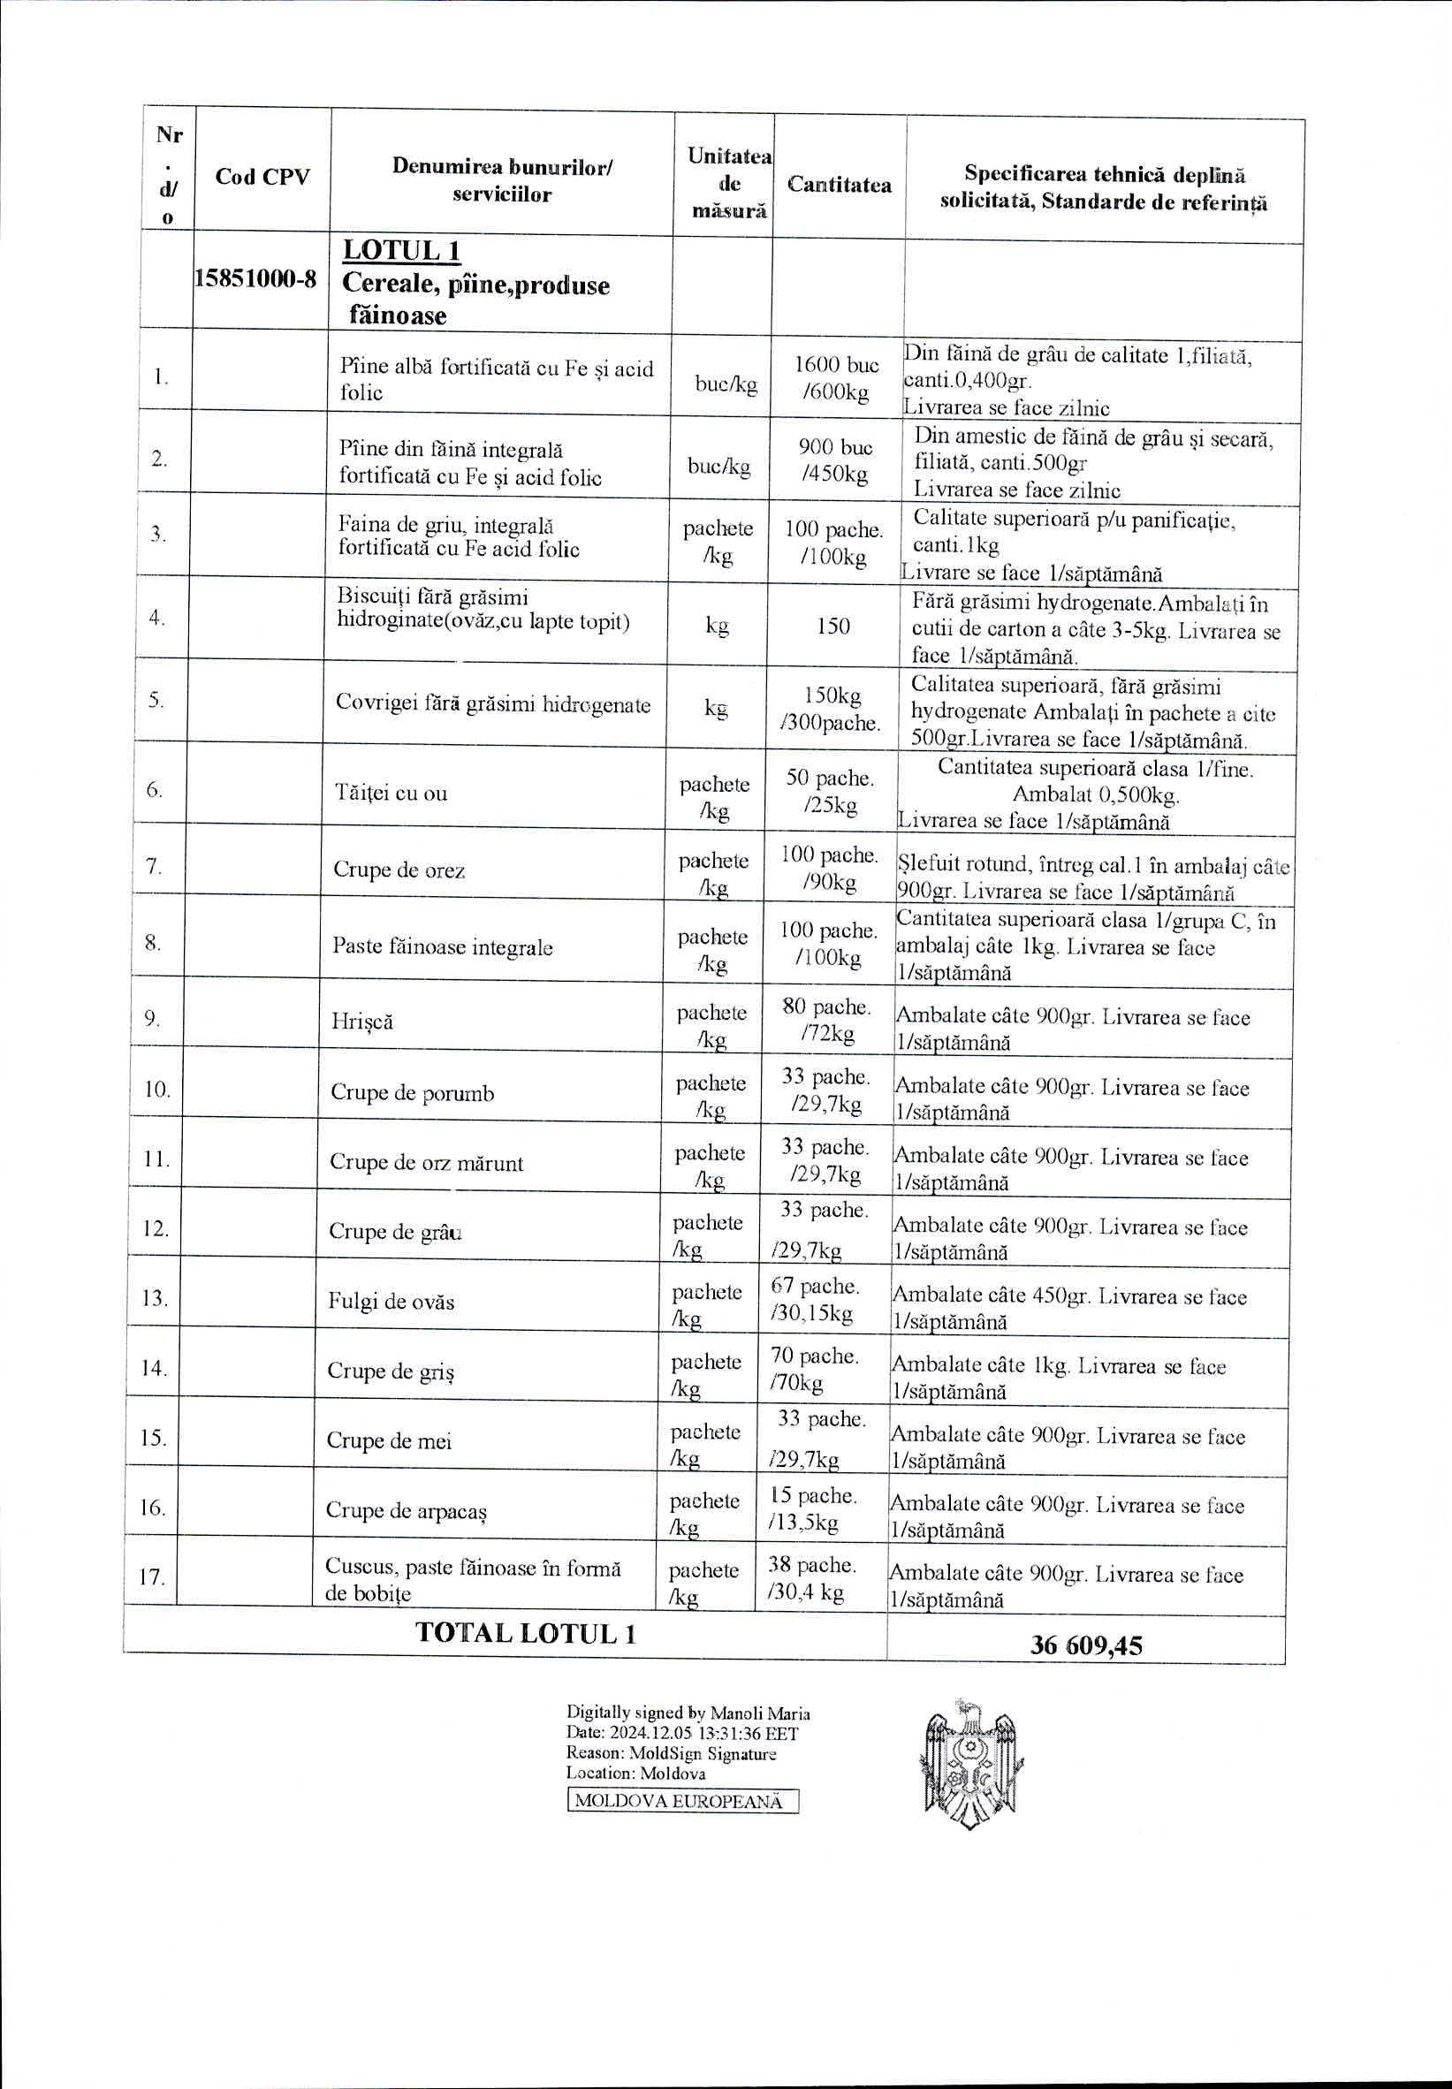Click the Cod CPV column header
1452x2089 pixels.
(262, 177)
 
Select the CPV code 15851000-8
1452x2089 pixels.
(255, 279)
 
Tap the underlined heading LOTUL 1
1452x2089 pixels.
(401, 251)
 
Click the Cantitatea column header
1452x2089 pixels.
(839, 185)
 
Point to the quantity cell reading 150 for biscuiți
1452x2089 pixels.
(832, 626)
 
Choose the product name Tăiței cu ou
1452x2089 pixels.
(392, 792)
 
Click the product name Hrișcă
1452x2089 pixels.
(362, 1022)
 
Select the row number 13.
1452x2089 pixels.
(154, 1298)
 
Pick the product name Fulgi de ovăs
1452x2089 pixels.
(392, 1302)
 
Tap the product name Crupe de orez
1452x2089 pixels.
(399, 870)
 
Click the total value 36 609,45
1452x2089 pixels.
(1085, 1645)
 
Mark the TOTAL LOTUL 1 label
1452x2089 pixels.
(525, 1632)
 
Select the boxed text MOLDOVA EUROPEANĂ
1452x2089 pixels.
(682, 1802)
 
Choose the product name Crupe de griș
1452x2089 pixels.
(391, 1371)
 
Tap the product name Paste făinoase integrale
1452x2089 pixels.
(442, 946)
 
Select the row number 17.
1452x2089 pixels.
(151, 1576)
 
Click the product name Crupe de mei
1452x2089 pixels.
(389, 1440)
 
